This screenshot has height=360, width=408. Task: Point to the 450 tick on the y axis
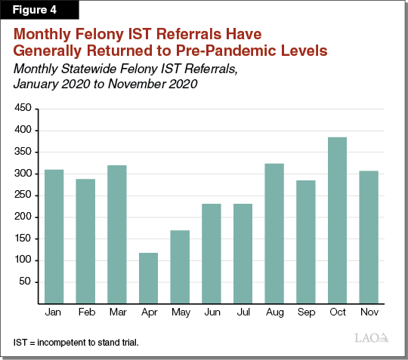22,109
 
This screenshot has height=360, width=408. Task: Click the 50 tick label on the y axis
25,282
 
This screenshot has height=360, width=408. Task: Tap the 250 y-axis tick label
22,195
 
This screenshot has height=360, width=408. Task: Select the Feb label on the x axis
85,312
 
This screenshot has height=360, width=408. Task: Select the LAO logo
372,338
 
